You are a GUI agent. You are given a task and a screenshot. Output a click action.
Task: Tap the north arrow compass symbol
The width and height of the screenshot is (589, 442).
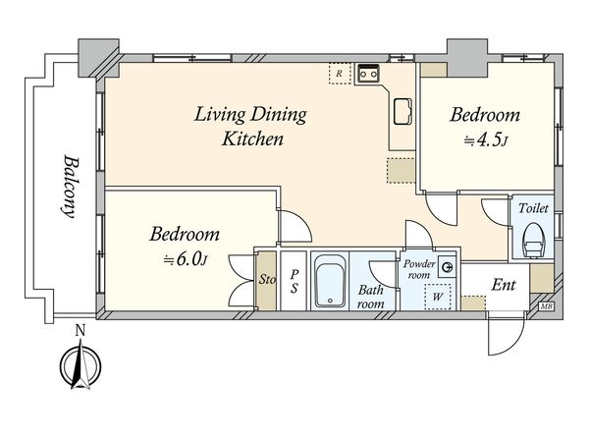pos(80,364)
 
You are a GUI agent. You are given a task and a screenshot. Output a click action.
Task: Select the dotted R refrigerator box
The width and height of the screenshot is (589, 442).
pos(340,74)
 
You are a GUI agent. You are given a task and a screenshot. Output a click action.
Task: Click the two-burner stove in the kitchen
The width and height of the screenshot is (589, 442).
pos(368,74)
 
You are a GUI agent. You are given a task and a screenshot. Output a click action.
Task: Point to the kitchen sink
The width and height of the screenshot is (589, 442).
pos(402,111)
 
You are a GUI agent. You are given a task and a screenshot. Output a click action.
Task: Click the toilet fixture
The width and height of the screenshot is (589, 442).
pos(533,241)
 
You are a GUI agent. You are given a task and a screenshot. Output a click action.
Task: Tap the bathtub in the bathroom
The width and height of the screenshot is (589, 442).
pos(330,281)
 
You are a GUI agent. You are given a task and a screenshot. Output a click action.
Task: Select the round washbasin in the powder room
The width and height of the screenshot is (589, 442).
pos(447,267)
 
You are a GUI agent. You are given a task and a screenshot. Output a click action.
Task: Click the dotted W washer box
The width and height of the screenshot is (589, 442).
pos(438,297)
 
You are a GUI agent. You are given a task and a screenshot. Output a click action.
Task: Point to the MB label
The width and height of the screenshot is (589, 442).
pos(547,306)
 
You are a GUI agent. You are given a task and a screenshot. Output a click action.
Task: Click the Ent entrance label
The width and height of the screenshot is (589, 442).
pos(504,285)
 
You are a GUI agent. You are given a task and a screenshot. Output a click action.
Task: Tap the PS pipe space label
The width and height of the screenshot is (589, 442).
pos(294,281)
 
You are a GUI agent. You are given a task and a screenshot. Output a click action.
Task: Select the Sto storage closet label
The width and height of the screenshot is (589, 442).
pos(267,280)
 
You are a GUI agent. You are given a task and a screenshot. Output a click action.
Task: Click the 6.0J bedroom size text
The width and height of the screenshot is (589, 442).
pos(186,259)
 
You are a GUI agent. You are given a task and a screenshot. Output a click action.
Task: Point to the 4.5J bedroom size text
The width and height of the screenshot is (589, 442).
pos(486,139)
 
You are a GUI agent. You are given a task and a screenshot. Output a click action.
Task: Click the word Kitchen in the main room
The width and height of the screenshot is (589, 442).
pos(252,138)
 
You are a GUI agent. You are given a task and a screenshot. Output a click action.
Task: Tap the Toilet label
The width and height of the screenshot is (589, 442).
pos(533,208)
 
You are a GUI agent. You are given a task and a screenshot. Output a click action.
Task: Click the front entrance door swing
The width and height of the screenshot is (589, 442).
pos(506,334)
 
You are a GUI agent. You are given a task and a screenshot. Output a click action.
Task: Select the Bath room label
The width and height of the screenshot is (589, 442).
pos(370,297)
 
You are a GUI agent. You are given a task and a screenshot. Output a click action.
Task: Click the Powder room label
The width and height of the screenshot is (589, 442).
pos(419,269)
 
